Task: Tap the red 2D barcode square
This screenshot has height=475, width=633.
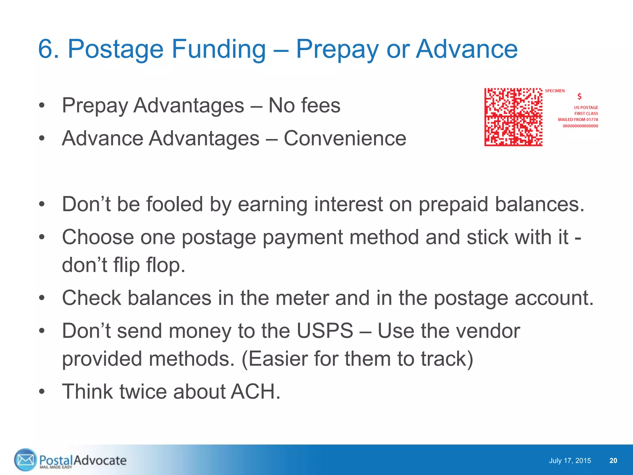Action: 513,117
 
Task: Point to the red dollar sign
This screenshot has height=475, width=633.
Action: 580,96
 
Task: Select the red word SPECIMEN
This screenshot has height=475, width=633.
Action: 554,91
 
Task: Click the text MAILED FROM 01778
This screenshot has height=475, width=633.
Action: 578,120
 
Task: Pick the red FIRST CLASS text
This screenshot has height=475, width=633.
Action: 586,113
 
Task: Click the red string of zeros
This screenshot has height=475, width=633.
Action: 580,126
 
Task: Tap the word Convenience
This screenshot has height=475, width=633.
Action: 345,138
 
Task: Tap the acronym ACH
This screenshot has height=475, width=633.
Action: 255,392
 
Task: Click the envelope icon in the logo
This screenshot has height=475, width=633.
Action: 25,460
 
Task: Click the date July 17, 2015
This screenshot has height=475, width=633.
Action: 570,461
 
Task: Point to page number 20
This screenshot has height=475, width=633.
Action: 613,461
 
